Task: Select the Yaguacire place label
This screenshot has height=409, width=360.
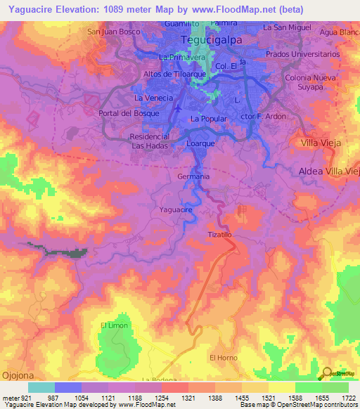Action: (x=176, y=209)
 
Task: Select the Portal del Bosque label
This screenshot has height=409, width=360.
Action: (x=129, y=113)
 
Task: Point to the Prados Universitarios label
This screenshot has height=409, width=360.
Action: (x=313, y=53)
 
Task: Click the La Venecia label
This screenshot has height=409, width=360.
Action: (x=153, y=97)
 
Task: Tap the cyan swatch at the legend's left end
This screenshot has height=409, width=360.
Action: (x=41, y=387)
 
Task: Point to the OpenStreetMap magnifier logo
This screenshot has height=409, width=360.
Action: (x=326, y=373)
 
